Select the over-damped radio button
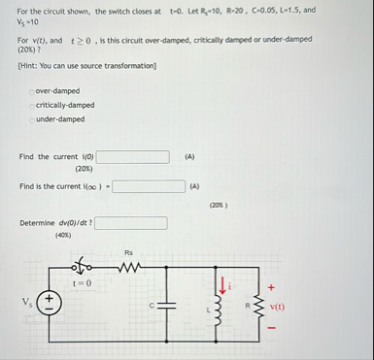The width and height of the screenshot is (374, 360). point(32,91)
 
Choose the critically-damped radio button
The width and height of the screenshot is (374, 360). point(32,105)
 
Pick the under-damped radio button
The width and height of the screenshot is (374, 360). point(32,118)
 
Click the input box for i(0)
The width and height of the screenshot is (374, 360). point(139,155)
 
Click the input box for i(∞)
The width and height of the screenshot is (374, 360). point(149,186)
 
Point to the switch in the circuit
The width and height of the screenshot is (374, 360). point(85,265)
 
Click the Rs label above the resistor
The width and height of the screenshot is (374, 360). point(128,251)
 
